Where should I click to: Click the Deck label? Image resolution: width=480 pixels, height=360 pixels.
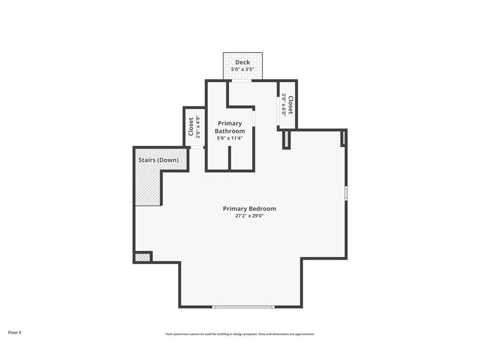(242, 62)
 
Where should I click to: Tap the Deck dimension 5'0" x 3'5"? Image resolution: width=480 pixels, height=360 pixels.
(242, 69)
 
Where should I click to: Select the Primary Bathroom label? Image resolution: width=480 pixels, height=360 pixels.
(230, 127)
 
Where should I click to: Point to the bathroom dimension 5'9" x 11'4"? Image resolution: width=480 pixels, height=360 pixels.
(230, 138)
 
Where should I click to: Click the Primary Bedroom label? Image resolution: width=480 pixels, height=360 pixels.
(249, 209)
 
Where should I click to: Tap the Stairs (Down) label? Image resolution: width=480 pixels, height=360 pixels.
(158, 160)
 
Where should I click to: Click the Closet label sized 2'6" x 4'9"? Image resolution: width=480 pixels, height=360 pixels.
(191, 127)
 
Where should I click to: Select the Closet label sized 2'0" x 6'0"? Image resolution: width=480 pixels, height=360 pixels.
(290, 105)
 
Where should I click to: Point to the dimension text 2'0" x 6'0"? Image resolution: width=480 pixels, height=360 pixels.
(284, 105)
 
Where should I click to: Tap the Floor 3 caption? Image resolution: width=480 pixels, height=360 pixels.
(15, 332)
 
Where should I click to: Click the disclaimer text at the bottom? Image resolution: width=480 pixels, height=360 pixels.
(240, 334)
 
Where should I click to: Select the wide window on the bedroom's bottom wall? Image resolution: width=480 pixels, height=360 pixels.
(243, 307)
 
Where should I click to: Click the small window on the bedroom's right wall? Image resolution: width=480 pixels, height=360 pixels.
(346, 193)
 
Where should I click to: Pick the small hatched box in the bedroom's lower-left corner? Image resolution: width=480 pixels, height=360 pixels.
(142, 257)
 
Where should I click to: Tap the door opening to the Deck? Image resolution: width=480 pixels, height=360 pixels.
(241, 81)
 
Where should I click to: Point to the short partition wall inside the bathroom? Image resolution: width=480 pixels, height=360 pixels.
(230, 158)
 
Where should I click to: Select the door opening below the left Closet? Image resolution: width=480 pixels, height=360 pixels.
(197, 147)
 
